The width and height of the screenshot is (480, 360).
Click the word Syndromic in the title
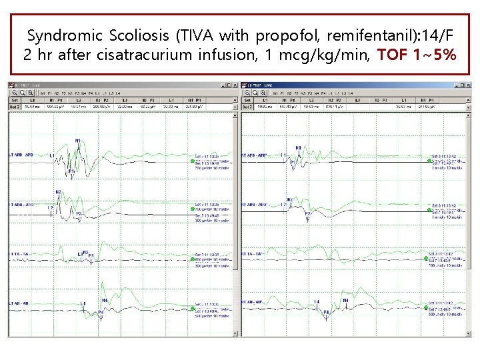pos(64,36)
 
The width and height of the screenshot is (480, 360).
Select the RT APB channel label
pos(255,155)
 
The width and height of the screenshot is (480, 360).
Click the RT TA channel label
pos(254,255)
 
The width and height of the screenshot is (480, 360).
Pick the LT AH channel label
pos(19,305)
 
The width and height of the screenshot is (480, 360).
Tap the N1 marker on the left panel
pos(78,141)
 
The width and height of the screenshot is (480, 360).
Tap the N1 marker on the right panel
pos(298,147)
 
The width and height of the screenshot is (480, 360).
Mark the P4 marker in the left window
pos(101,312)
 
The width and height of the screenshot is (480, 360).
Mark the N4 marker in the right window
pos(345,301)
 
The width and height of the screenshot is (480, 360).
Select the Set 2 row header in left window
pos(14,106)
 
